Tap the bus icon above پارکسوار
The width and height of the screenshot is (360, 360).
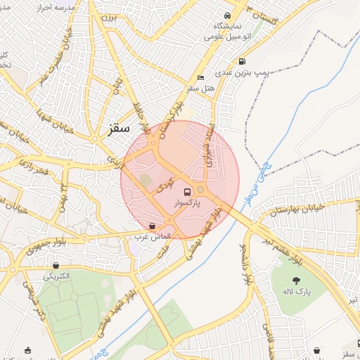click(188, 191)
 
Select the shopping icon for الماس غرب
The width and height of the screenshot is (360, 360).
click(153, 226)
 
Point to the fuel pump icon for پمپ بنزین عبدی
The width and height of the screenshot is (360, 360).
click(242, 61)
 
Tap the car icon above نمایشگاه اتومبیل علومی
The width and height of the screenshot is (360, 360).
click(227, 16)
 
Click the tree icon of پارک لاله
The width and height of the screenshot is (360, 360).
click(305, 281)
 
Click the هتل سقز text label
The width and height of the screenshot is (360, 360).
click(201, 89)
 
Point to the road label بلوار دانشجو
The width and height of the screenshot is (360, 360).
click(245, 264)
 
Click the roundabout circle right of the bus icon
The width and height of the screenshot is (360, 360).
click(201, 190)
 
